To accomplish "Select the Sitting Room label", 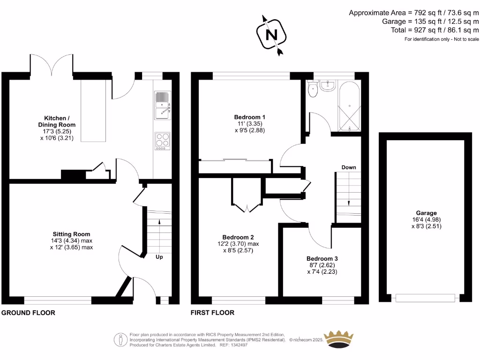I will coord(71,234).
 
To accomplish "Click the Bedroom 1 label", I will coord(250,117).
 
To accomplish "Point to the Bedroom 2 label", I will coord(238,237).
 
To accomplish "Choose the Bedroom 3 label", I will coord(322,258).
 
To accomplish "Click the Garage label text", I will coord(426,213).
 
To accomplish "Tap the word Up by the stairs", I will coord(159,257).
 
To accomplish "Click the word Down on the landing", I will coord(348,167).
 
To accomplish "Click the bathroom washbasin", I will coord(330,85).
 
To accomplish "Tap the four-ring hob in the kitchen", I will coord(162,141).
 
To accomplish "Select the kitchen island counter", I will coord(94,111).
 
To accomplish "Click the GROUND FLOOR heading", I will coord(29,313).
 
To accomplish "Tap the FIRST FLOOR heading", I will coord(212,313).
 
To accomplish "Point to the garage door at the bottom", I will coord(425,298).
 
